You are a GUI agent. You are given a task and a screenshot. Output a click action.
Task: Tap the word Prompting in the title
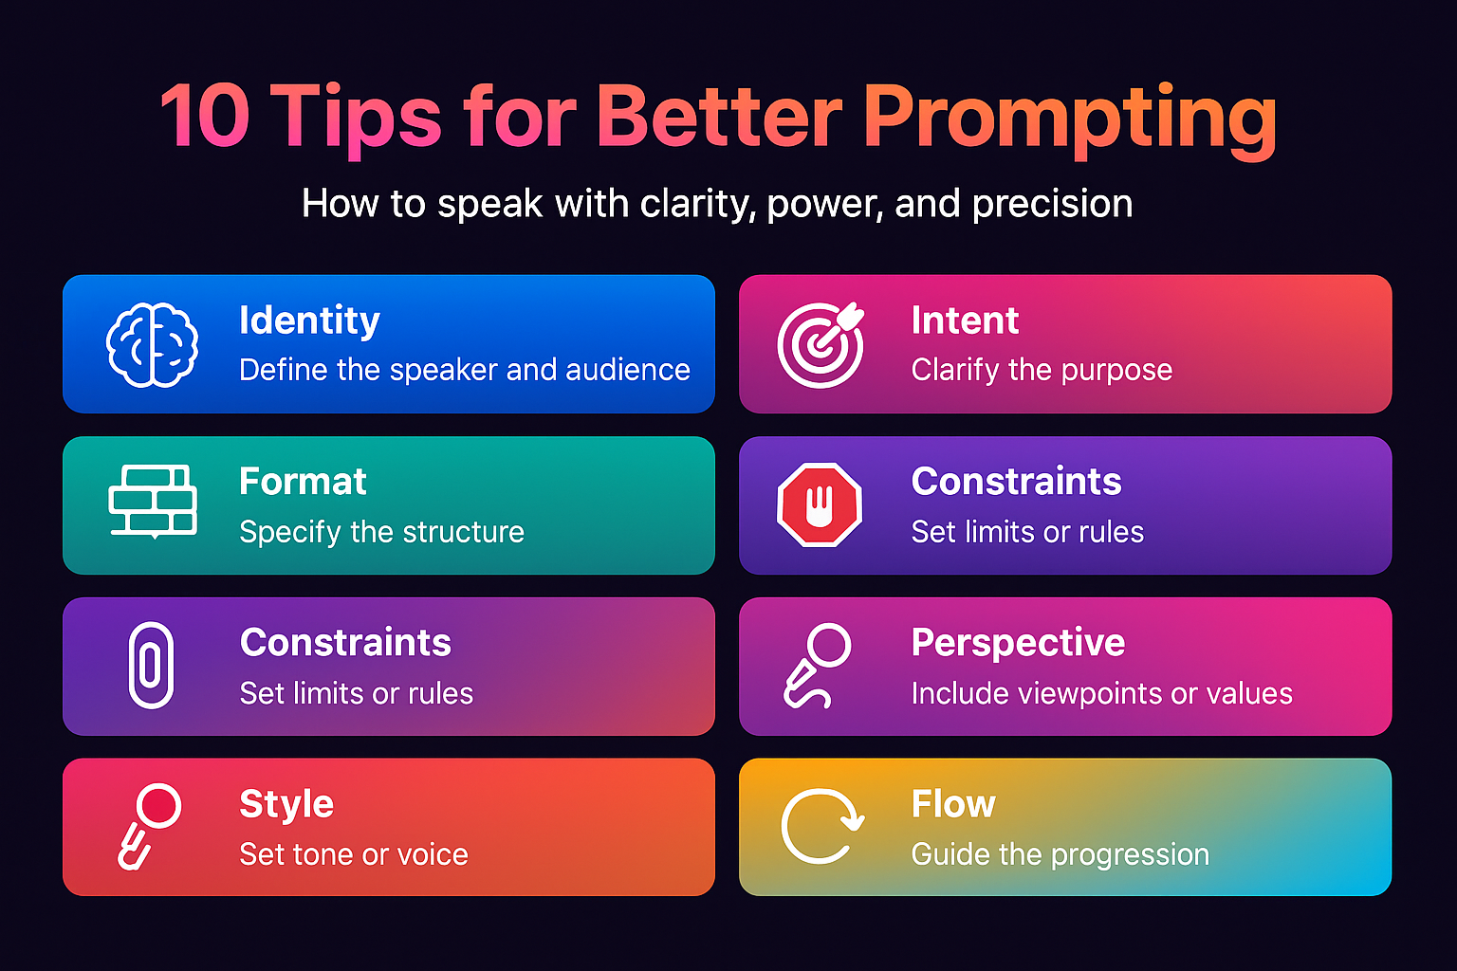tap(1070, 121)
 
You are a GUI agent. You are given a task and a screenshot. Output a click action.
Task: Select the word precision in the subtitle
tap(1052, 205)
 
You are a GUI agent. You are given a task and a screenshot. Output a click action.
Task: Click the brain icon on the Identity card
tap(152, 345)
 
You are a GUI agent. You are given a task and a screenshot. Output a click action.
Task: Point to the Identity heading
tap(309, 321)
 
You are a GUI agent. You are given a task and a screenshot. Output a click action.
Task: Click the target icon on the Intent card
tap(821, 345)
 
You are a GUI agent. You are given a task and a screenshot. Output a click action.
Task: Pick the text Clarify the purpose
tap(1042, 371)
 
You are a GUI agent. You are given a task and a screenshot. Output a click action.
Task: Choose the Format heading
tap(304, 482)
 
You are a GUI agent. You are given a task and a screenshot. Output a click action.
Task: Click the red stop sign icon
tap(820, 504)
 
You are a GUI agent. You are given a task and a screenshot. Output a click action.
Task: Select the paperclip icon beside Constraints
tap(151, 666)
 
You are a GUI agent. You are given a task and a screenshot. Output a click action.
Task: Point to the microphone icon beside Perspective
tap(817, 666)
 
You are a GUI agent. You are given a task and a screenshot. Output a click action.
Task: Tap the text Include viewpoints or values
tap(1102, 693)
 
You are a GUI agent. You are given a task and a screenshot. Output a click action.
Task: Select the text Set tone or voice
tap(354, 854)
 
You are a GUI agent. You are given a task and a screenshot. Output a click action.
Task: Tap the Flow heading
tap(953, 804)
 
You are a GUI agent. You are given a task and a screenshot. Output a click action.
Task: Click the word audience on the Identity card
tap(628, 370)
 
